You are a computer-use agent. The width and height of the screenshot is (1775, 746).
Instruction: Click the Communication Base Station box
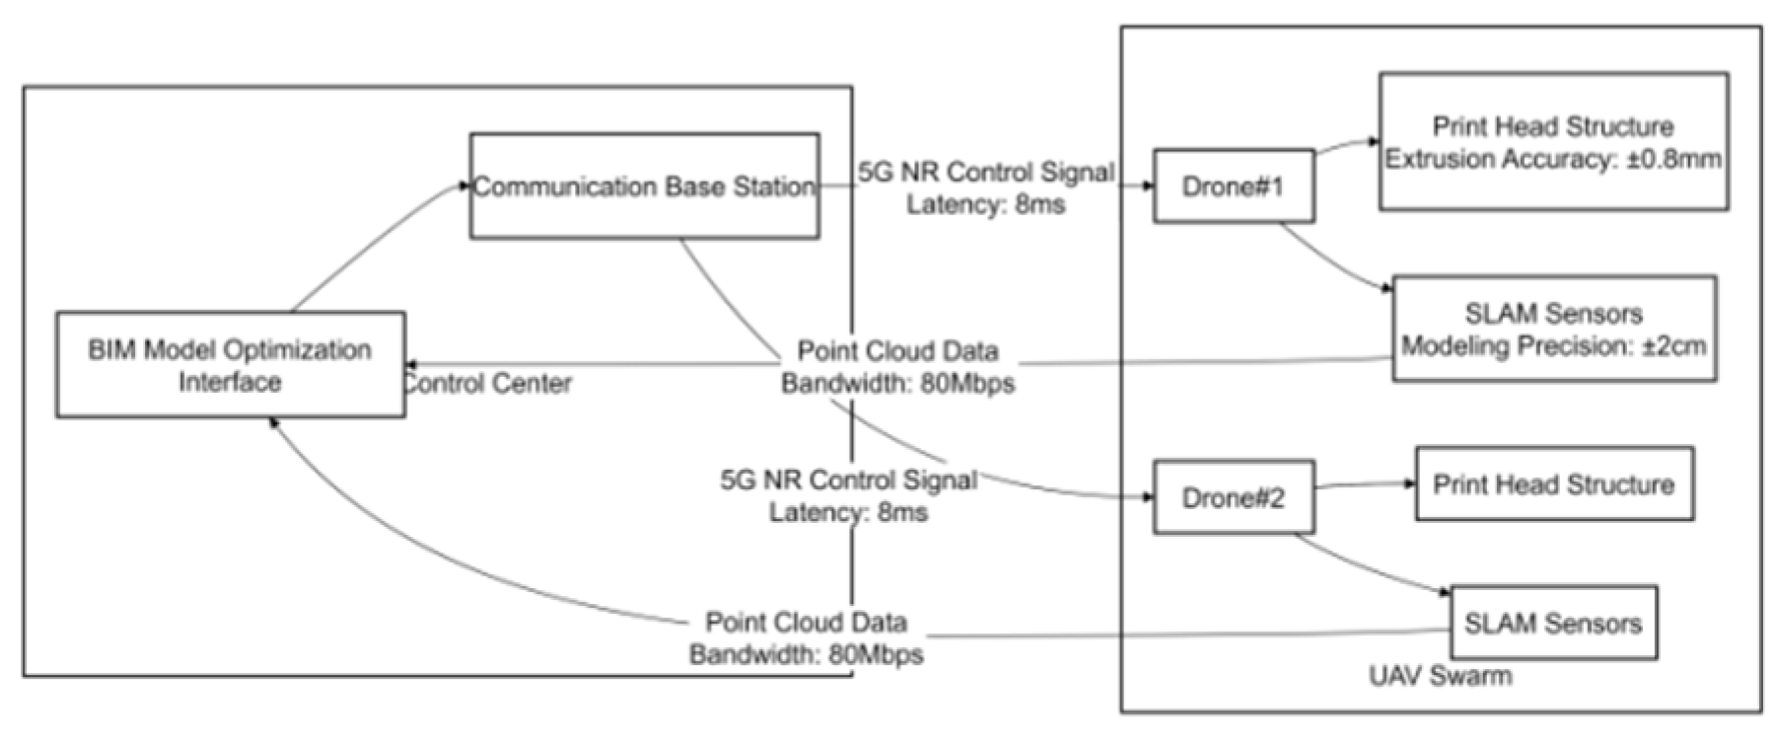pos(644,186)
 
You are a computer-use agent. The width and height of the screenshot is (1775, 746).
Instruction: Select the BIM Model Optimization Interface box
pos(230,365)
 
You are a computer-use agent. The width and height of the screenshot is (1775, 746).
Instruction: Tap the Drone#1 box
pos(1233,186)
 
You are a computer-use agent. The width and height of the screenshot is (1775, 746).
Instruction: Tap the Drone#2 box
pos(1233,497)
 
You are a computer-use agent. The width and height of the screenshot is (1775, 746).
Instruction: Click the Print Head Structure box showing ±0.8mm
pos(1552,142)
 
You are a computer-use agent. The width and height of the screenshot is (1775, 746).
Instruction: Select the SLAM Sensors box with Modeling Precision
pos(1553,330)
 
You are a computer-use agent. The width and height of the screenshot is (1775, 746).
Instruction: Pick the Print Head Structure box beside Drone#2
pos(1553,485)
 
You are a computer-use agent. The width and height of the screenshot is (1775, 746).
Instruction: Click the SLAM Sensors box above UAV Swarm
pos(1553,624)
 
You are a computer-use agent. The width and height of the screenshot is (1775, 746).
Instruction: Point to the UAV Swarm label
pos(1440,676)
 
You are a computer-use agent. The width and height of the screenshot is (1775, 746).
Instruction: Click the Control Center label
pos(488,383)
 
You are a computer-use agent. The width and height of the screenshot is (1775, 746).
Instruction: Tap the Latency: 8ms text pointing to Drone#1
pos(986,205)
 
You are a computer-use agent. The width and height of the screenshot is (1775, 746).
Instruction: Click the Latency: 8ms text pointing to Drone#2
pos(848,512)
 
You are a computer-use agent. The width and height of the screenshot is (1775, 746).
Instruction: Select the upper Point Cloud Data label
pos(897,351)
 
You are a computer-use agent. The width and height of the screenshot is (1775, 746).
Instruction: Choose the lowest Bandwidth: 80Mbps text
pos(806,654)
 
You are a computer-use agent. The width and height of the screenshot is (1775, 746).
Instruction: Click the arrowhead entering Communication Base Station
pos(464,185)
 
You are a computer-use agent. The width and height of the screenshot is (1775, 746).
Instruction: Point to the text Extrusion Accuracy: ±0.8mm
pos(1552,159)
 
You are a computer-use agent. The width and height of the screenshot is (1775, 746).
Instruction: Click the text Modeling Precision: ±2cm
pos(1553,346)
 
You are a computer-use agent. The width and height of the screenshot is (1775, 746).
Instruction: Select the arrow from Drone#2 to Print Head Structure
pos(1366,485)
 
